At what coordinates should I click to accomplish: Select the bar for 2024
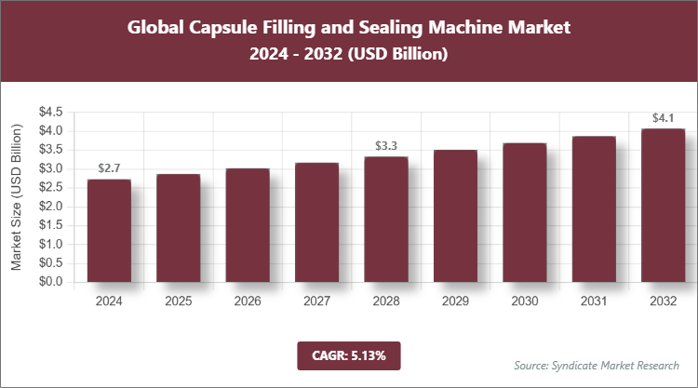(x=109, y=231)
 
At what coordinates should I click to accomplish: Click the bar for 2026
(x=248, y=225)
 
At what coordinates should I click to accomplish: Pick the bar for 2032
(x=663, y=205)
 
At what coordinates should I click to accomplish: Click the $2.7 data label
(x=109, y=168)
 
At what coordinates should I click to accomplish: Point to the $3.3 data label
(x=386, y=146)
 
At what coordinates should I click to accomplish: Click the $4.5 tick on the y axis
(x=50, y=113)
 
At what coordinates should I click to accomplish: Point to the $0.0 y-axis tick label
(x=50, y=282)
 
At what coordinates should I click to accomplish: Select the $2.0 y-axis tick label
(x=50, y=207)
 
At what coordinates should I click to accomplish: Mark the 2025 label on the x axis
(x=179, y=301)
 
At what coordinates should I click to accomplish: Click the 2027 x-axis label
(x=316, y=301)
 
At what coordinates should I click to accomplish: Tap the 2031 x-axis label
(x=594, y=301)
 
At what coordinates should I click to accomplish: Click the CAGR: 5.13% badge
(x=348, y=355)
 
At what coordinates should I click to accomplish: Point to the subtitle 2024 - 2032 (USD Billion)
(x=349, y=55)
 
